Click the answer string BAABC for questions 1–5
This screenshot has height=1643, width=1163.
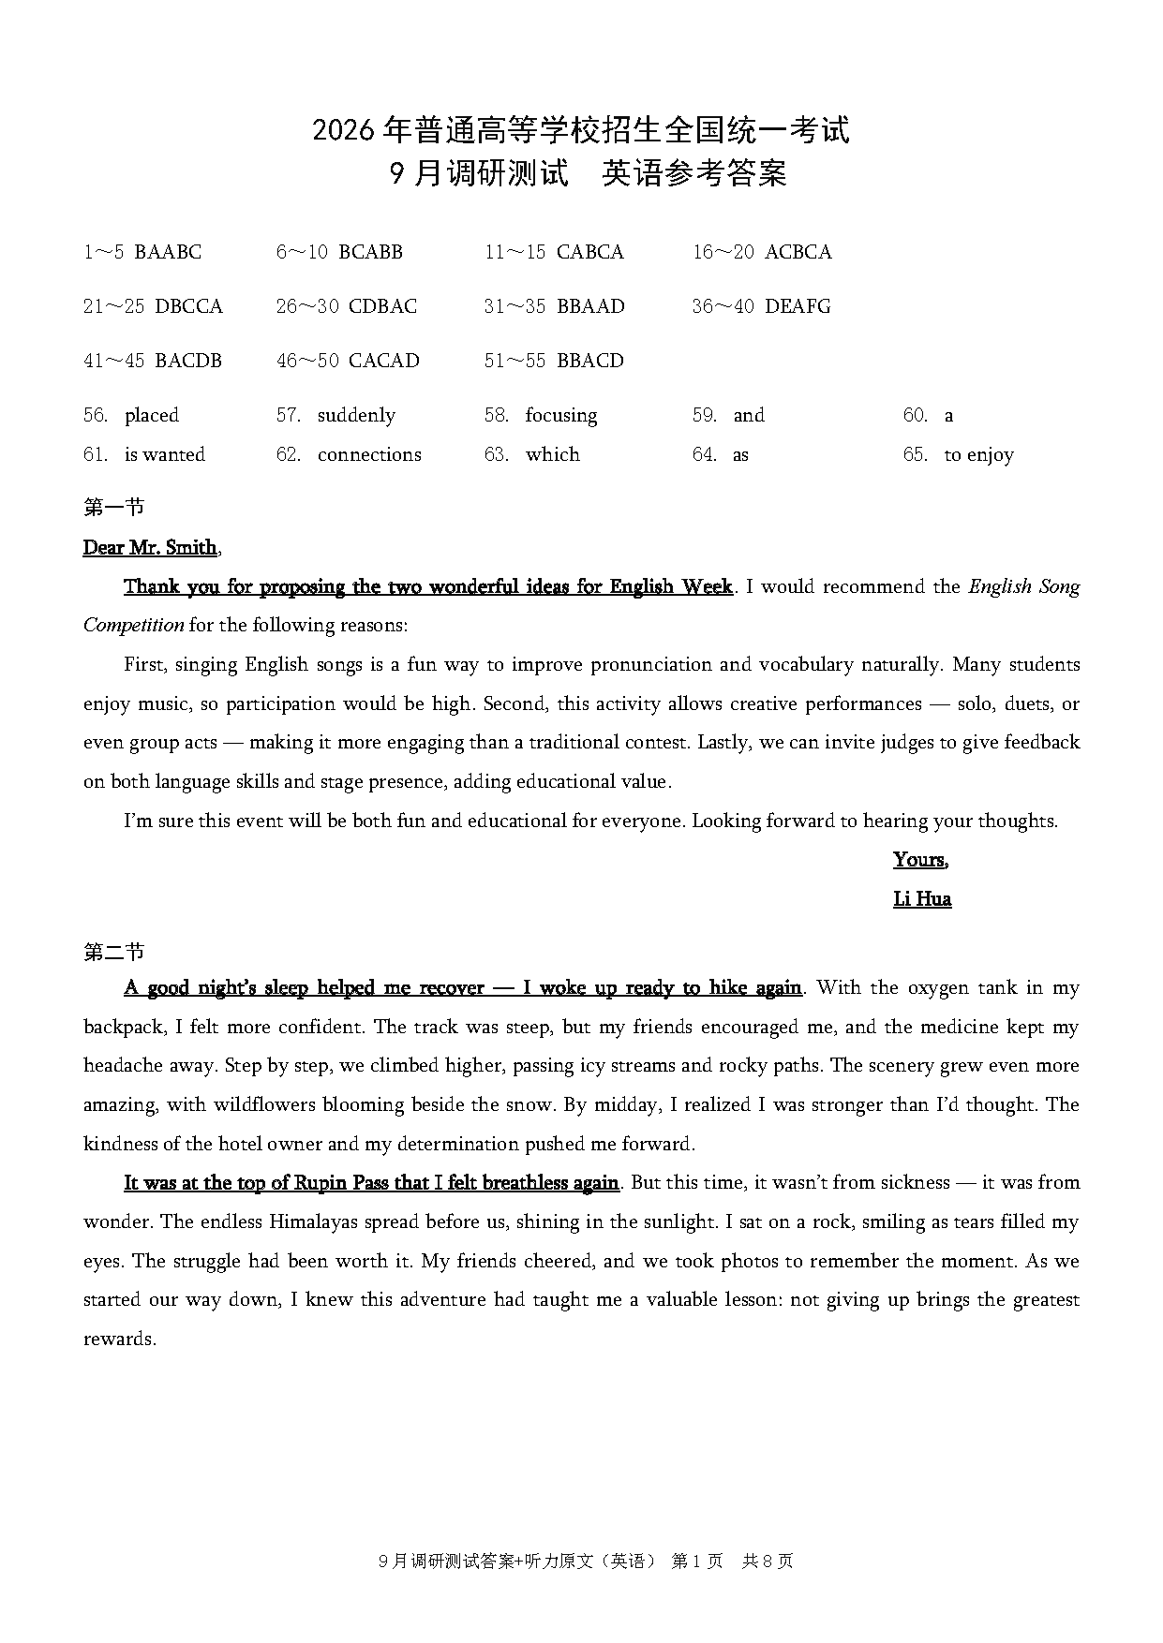[168, 252]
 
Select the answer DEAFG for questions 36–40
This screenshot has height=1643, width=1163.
[798, 306]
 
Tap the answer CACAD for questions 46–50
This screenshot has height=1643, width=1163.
[383, 361]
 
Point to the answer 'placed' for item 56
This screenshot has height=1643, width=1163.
[151, 415]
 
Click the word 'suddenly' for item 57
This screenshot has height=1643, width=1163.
[356, 415]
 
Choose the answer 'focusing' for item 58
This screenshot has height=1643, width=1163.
[560, 415]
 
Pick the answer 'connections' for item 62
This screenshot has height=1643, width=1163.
[369, 454]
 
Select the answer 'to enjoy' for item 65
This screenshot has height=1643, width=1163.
[978, 455]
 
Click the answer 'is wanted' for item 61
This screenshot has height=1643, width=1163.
[164, 454]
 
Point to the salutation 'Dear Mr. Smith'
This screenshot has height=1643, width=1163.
[150, 547]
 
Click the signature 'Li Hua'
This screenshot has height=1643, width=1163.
[922, 899]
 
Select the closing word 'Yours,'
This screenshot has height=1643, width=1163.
[920, 860]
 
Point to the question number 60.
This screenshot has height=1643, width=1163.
[915, 415]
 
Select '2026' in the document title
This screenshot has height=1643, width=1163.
[345, 131]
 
